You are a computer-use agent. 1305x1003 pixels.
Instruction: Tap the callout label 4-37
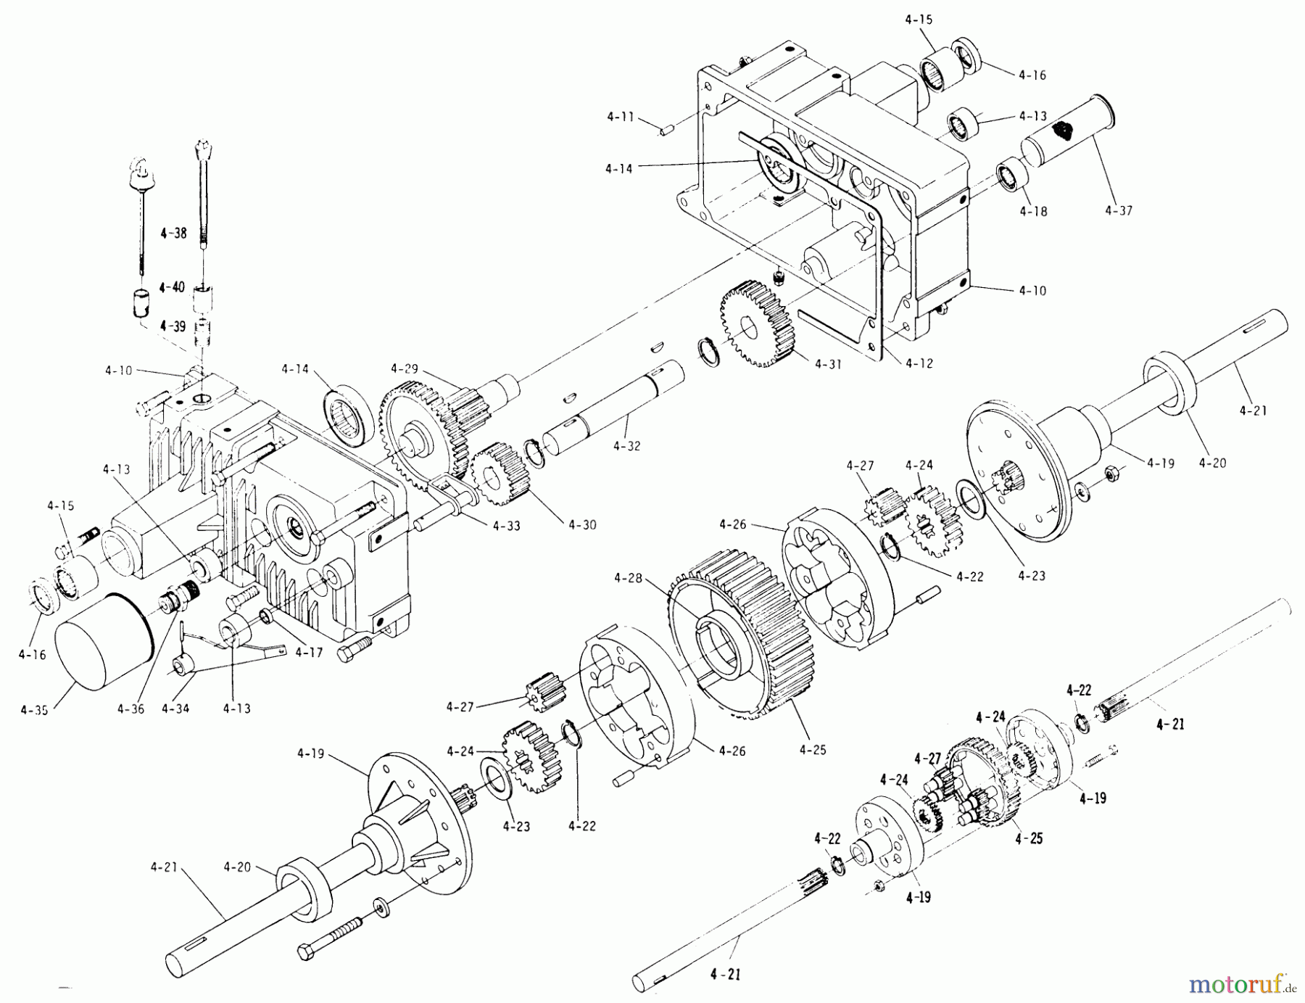coord(1119,211)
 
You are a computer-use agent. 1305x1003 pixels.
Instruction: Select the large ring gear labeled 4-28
coord(732,631)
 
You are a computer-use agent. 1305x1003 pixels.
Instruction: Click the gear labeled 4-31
coord(757,323)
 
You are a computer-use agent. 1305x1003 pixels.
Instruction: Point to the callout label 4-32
coord(626,447)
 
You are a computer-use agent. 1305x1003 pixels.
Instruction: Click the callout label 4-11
coord(621,115)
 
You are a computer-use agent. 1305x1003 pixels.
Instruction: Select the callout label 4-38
coord(173,234)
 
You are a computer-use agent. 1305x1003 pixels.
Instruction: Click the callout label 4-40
coord(172,287)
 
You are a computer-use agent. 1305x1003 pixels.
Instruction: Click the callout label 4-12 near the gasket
coord(919,363)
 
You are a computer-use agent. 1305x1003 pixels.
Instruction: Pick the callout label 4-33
coord(505,525)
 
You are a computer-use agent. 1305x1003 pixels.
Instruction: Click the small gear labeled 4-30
coord(499,475)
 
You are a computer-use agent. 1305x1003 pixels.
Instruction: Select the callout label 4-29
coord(405,368)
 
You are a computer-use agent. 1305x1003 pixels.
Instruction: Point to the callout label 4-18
coord(1033,212)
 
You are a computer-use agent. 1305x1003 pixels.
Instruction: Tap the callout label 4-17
coord(309,653)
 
